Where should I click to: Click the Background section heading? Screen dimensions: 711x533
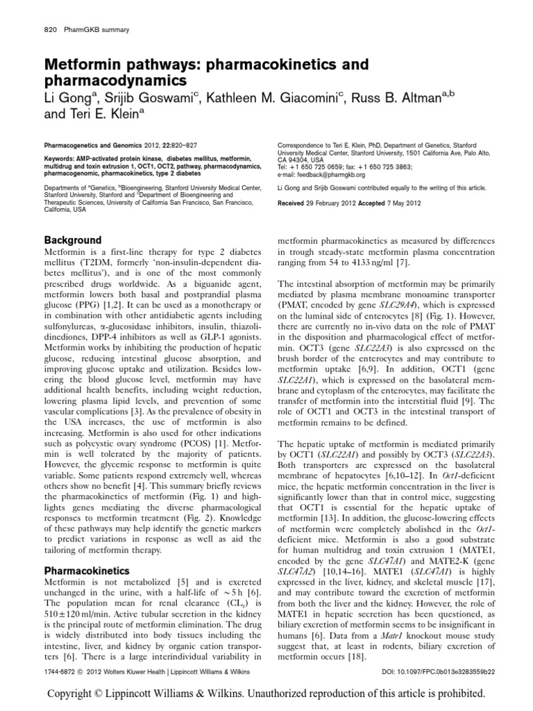pyautogui.click(x=73, y=240)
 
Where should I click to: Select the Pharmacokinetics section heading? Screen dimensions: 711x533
pyautogui.click(x=87, y=570)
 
